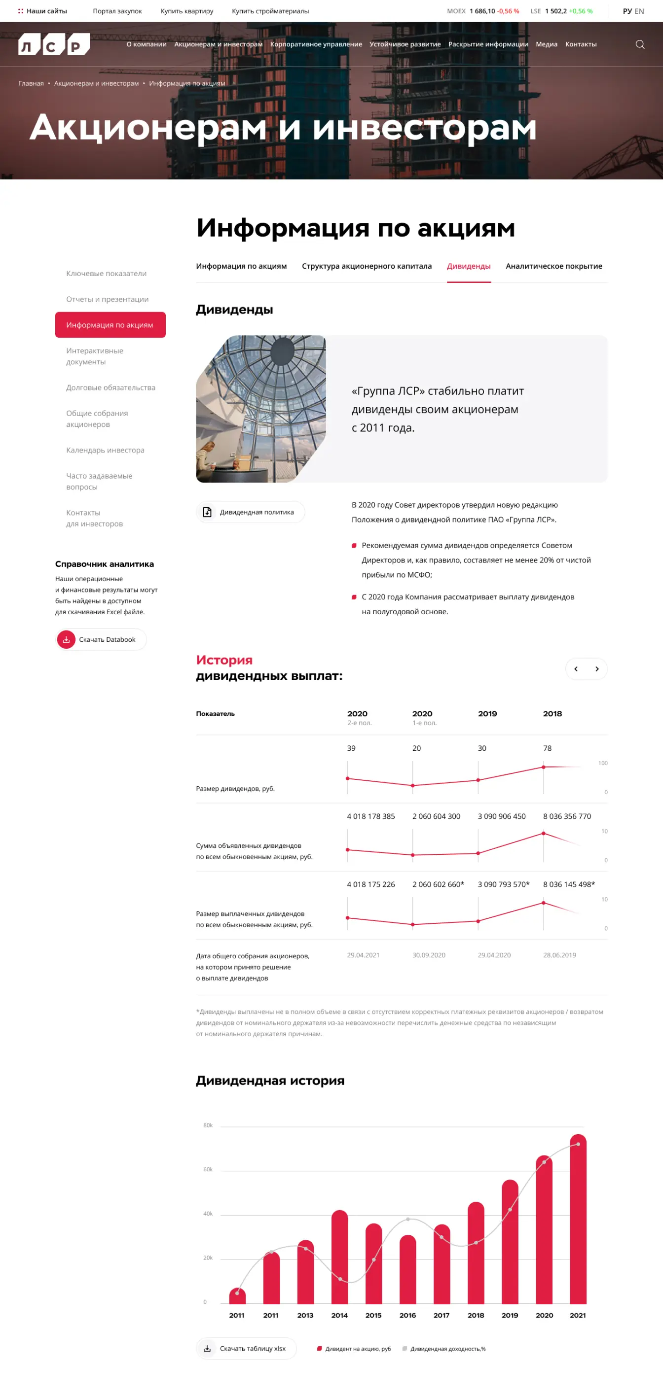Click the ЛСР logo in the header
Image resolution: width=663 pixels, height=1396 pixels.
(54, 44)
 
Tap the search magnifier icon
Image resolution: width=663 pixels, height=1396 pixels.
(640, 44)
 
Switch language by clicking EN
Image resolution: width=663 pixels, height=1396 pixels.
(639, 11)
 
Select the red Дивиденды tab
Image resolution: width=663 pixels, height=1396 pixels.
(468, 266)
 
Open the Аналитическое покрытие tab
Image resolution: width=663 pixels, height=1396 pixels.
(553, 266)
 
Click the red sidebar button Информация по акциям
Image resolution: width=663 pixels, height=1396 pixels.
(110, 325)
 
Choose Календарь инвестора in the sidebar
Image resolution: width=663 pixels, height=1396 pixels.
(105, 450)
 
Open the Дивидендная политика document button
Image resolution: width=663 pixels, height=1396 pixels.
(250, 512)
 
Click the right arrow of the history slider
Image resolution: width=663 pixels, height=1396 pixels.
(597, 669)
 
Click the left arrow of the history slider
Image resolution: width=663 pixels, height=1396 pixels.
(576, 669)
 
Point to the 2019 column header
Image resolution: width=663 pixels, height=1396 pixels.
(487, 714)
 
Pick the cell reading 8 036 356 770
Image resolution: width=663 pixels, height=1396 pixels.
(566, 816)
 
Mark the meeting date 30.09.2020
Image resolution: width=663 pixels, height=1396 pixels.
(428, 955)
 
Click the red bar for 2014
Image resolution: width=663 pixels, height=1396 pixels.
(339, 1257)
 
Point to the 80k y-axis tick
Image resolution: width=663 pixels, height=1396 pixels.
(208, 1125)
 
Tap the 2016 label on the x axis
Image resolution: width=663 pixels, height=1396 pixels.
(407, 1315)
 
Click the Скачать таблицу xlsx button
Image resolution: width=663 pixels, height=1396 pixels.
(246, 1348)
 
